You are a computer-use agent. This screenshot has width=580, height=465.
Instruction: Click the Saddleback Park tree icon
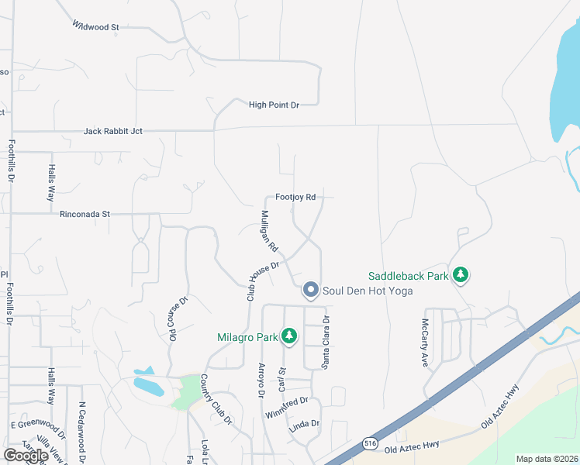point(461,275)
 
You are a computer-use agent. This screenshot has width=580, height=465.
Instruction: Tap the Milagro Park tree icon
point(289,336)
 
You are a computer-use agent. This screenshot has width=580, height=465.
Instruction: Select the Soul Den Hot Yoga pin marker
point(311,290)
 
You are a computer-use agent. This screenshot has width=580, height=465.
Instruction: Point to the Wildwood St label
point(95,26)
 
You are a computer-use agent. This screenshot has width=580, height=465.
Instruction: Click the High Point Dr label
point(274,105)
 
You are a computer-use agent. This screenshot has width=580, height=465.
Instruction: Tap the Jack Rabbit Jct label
point(113,132)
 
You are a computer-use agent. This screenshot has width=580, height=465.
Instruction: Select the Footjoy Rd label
point(295,198)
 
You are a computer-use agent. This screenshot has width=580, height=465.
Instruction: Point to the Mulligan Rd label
point(270,230)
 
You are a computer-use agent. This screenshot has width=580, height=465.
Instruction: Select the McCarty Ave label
point(425,344)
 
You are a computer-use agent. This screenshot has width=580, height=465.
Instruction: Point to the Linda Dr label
point(304,424)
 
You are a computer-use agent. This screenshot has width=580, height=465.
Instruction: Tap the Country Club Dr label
point(216,399)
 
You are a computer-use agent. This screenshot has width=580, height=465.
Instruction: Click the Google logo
point(26,456)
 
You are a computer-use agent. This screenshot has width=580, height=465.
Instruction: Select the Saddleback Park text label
point(409,276)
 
